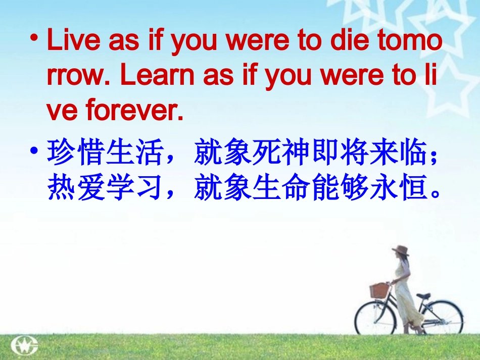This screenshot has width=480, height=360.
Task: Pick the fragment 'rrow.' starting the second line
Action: coord(78,76)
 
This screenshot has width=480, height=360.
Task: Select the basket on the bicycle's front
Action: coord(379,290)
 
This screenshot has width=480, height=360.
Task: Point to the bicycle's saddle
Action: coord(423,295)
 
